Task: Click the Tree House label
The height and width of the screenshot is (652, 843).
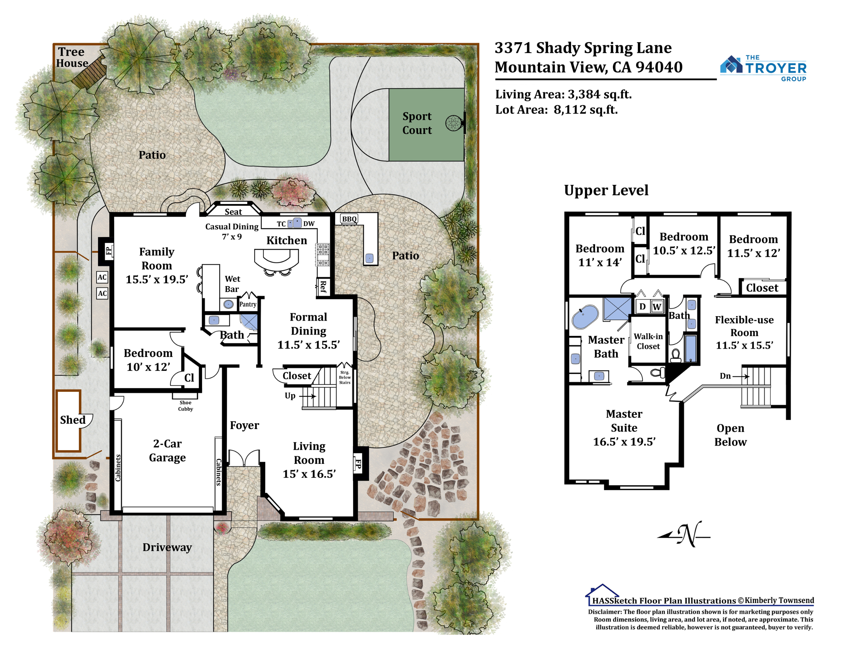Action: [72, 57]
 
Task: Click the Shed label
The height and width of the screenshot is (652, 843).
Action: [73, 420]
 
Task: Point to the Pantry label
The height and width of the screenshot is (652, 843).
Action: [248, 304]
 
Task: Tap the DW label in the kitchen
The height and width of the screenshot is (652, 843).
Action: [309, 224]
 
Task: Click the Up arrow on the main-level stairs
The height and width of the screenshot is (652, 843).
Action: [309, 396]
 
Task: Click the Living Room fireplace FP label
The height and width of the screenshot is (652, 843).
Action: [358, 464]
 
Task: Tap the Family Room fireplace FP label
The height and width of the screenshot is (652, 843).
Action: [109, 251]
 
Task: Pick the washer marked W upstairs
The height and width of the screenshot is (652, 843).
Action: [657, 307]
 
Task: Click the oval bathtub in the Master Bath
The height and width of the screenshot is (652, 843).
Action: [585, 317]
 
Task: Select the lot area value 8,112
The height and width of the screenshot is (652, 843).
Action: [570, 110]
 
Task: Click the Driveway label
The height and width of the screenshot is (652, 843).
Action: [167, 548]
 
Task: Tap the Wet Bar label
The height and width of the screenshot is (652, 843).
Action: [233, 284]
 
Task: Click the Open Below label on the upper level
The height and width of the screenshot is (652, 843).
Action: [730, 435]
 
